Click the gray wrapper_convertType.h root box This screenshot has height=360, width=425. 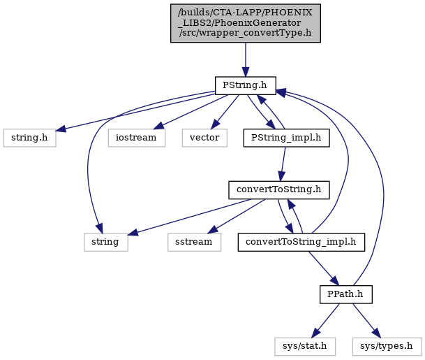246,23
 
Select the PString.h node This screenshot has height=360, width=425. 246,86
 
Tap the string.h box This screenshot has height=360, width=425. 30,138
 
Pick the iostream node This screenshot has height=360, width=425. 137,138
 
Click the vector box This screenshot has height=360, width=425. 204,138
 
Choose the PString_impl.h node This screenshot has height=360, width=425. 287,138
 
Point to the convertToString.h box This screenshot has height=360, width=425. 279,190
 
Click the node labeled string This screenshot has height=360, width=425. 105,242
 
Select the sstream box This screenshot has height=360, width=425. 194,242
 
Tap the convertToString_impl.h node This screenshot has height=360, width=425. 301,242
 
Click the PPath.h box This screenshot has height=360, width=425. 346,294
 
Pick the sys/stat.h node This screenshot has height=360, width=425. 305,347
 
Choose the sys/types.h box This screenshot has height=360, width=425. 387,347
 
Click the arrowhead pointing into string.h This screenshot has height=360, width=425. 61,129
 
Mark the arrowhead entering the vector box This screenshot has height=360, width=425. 215,124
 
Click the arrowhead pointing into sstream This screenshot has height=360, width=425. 213,229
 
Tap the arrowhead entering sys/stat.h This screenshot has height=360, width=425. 315,333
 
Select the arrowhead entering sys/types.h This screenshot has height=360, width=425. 376,333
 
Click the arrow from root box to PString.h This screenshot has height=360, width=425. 246,59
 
